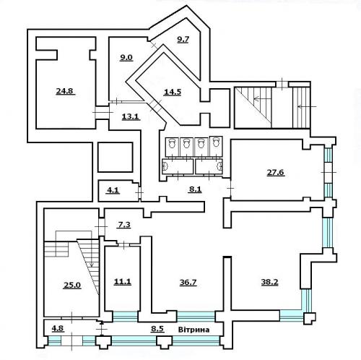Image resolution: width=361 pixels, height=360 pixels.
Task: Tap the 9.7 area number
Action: click(x=183, y=39)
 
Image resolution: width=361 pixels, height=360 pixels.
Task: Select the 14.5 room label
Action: click(x=173, y=92)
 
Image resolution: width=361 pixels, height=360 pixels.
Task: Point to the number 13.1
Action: click(x=131, y=117)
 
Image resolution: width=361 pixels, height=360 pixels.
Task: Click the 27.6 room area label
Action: click(x=276, y=173)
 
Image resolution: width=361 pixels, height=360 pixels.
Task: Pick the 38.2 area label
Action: click(x=269, y=282)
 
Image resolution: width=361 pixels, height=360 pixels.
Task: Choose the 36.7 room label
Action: click(x=188, y=282)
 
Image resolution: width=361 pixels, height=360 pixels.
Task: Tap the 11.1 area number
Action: click(x=123, y=281)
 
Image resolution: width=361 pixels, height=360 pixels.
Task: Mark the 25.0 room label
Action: click(x=72, y=286)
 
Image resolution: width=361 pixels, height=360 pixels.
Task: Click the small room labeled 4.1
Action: click(x=113, y=190)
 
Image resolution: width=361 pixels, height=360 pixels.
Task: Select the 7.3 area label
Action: click(x=124, y=225)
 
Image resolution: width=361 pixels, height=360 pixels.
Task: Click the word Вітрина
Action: click(x=193, y=330)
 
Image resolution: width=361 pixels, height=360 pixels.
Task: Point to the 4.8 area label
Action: click(x=58, y=329)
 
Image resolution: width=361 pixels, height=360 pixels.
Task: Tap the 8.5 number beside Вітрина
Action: click(x=157, y=329)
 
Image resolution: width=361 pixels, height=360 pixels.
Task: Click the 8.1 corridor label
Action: click(x=195, y=189)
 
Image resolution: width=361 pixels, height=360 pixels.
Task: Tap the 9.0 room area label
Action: click(x=126, y=58)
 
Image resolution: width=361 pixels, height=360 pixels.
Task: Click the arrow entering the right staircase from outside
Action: click(x=307, y=106)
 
